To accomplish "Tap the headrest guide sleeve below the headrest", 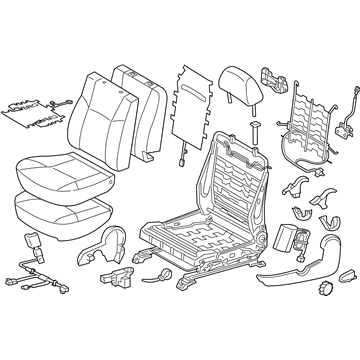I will tap(229, 125).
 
